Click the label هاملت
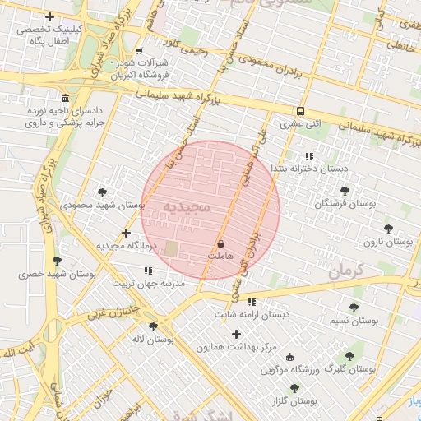(x=220, y=257)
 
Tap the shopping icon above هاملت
(x=220, y=244)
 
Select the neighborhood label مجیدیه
(x=187, y=206)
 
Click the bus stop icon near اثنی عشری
(x=300, y=112)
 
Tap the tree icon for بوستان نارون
(x=388, y=229)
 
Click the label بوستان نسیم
(x=353, y=321)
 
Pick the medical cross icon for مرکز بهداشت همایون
(x=237, y=334)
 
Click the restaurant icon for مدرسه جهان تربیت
(x=148, y=271)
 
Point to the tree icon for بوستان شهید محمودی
(x=102, y=192)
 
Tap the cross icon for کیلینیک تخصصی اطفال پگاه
(x=50, y=16)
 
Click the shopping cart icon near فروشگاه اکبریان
(x=139, y=51)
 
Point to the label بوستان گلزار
(x=294, y=401)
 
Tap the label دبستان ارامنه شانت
(x=252, y=314)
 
